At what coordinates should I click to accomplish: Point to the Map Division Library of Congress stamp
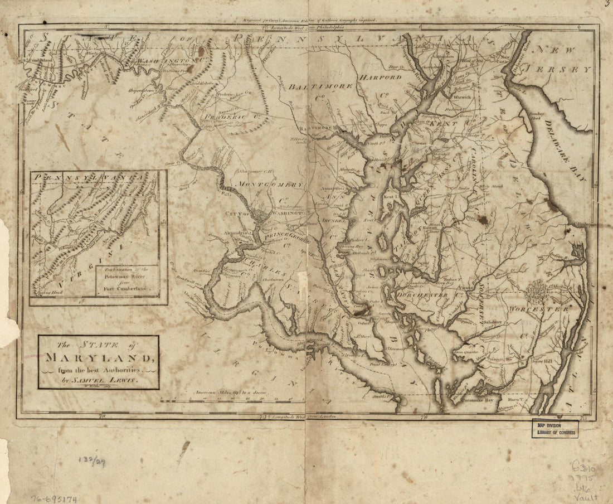[x=555, y=428]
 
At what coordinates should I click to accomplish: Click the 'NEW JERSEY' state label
[x=563, y=60]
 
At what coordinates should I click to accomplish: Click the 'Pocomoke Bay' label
[x=474, y=400]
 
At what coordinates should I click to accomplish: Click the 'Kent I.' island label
[x=390, y=197]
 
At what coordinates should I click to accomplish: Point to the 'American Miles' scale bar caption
[x=232, y=392]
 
